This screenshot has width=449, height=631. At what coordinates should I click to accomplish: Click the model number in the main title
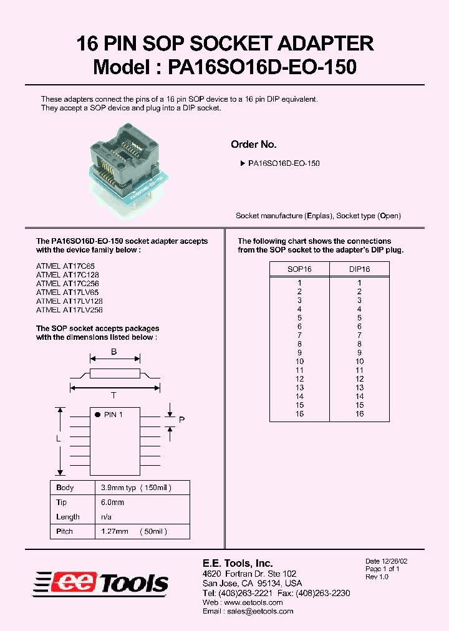tap(262, 67)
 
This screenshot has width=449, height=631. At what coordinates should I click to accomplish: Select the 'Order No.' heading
tap(253, 145)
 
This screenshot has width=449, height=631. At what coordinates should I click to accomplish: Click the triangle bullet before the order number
tap(243, 163)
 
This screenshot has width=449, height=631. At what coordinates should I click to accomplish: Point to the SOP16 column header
tap(299, 269)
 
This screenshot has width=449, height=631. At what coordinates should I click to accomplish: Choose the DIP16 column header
tap(359, 269)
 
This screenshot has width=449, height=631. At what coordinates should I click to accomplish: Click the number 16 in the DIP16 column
tap(359, 414)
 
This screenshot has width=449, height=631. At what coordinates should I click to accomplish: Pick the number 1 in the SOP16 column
tap(299, 283)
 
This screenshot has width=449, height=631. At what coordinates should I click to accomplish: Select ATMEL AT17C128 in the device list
tap(67, 274)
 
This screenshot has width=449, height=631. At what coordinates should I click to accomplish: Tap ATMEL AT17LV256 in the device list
tap(69, 309)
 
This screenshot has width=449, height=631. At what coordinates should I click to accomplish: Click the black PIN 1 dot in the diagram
tap(97, 414)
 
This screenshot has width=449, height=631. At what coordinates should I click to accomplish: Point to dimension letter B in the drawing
tap(114, 352)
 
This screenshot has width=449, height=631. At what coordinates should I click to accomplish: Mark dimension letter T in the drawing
tap(114, 395)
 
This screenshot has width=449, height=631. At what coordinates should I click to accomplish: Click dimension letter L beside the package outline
tap(58, 439)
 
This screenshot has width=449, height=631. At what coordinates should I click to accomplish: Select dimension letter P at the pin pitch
tap(181, 420)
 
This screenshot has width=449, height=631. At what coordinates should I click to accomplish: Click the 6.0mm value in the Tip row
tap(112, 503)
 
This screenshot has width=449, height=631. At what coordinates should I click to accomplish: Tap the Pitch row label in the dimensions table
tap(64, 531)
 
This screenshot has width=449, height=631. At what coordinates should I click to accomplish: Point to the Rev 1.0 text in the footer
tap(377, 577)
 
